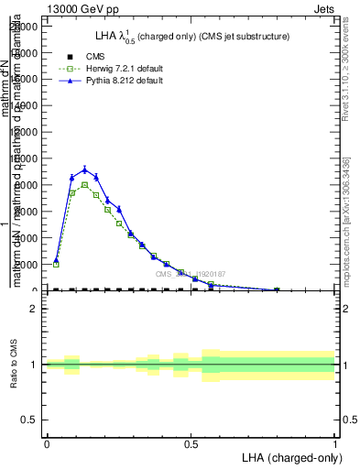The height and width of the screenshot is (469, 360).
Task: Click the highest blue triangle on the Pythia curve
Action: [84, 169]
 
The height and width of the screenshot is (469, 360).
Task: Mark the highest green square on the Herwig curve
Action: [84, 184]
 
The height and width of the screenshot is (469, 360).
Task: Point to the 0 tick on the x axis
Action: [46, 442]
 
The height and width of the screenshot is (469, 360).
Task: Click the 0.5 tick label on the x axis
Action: [191, 442]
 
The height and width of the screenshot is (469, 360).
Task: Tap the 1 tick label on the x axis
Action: [335, 442]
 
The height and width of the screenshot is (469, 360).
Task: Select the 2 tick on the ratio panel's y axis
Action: [33, 310]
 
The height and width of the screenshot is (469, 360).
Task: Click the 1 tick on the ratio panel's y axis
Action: [33, 365]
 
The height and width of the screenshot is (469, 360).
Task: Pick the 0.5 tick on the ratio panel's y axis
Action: [30, 420]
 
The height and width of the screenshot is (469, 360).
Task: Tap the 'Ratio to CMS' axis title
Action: [14, 365]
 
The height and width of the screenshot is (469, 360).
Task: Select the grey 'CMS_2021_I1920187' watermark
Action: [191, 274]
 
